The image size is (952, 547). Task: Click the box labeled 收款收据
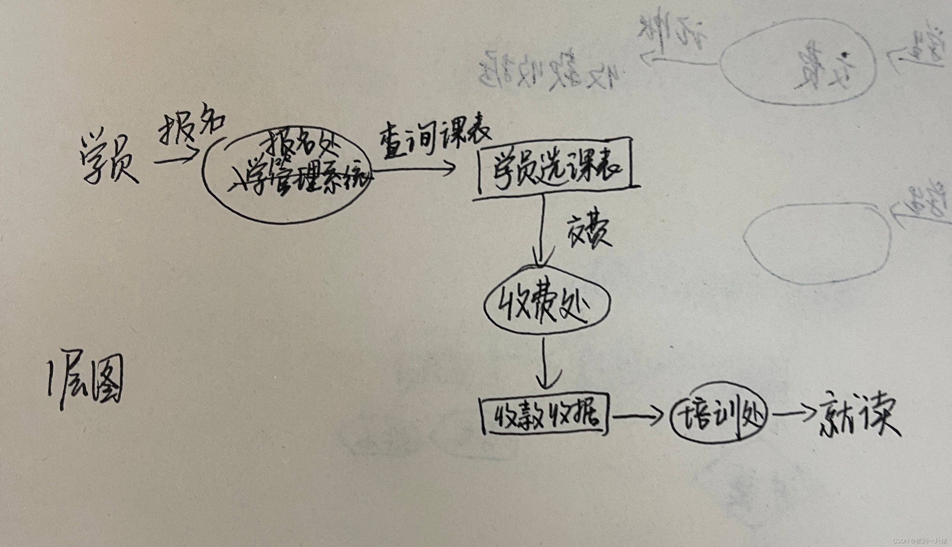[546, 416]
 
